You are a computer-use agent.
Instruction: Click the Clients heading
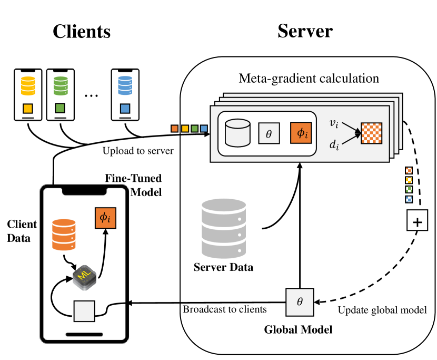click(82, 31)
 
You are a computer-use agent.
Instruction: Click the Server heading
click(305, 31)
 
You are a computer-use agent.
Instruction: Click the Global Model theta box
click(300, 301)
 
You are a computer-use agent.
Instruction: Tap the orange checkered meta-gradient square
click(371, 133)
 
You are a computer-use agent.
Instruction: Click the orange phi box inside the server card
click(301, 133)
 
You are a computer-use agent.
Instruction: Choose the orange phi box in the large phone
click(105, 218)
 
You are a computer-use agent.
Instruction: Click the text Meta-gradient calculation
click(309, 79)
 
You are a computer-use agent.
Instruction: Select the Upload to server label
click(138, 151)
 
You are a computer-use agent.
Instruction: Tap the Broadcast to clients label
click(225, 309)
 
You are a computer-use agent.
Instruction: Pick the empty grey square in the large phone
click(84, 311)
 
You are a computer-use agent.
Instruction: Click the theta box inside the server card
click(269, 134)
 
